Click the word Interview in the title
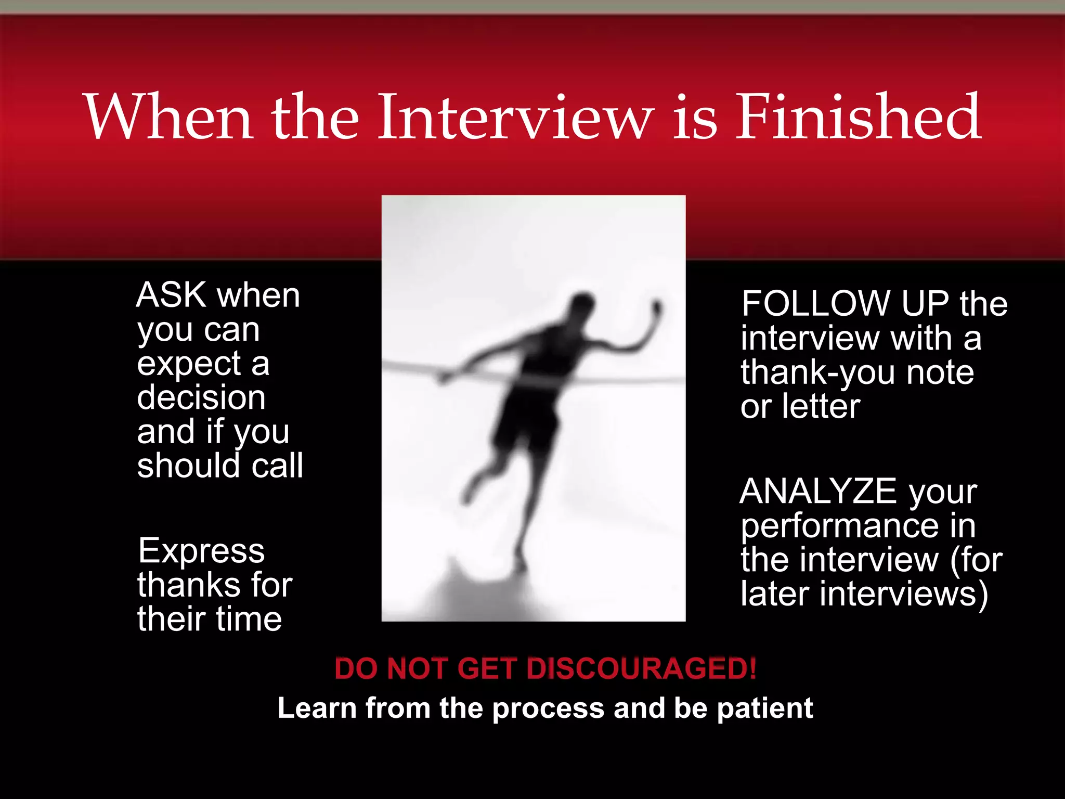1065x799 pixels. point(515,117)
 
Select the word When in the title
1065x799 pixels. point(169,117)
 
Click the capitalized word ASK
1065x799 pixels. point(172,295)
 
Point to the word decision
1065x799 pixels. point(201,398)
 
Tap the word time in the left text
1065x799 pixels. point(249,620)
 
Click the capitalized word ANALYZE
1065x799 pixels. point(817,492)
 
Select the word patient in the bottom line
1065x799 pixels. point(764,709)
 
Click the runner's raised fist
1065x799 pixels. point(657,308)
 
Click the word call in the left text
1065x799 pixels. point(277,466)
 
